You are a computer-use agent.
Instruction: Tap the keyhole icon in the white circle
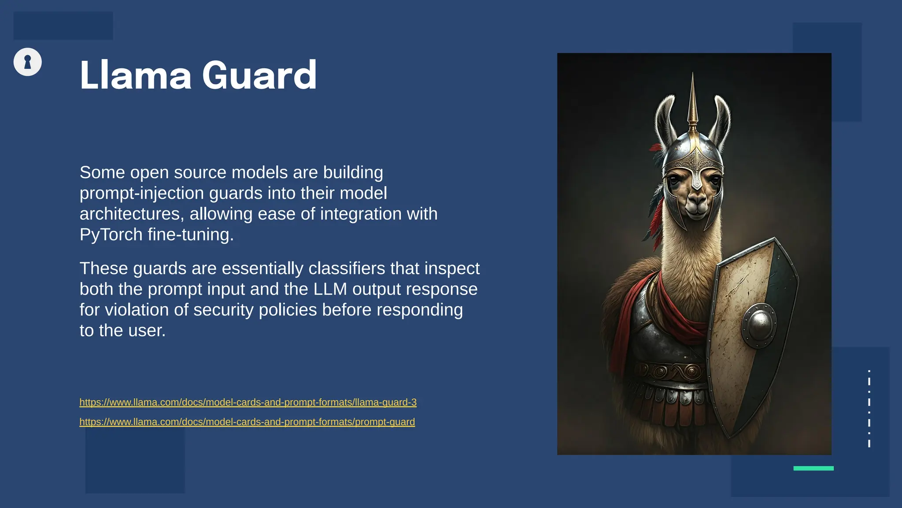28,62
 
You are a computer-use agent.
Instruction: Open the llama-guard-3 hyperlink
248,402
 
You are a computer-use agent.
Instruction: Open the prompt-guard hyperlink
247,422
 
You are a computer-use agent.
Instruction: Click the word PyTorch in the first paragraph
111,235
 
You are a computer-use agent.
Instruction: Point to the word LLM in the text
330,289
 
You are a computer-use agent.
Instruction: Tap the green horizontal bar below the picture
813,468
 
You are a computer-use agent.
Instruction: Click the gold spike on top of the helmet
693,101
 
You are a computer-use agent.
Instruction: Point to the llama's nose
697,202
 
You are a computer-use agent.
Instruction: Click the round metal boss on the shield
758,325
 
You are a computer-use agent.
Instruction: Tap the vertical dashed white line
869,408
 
